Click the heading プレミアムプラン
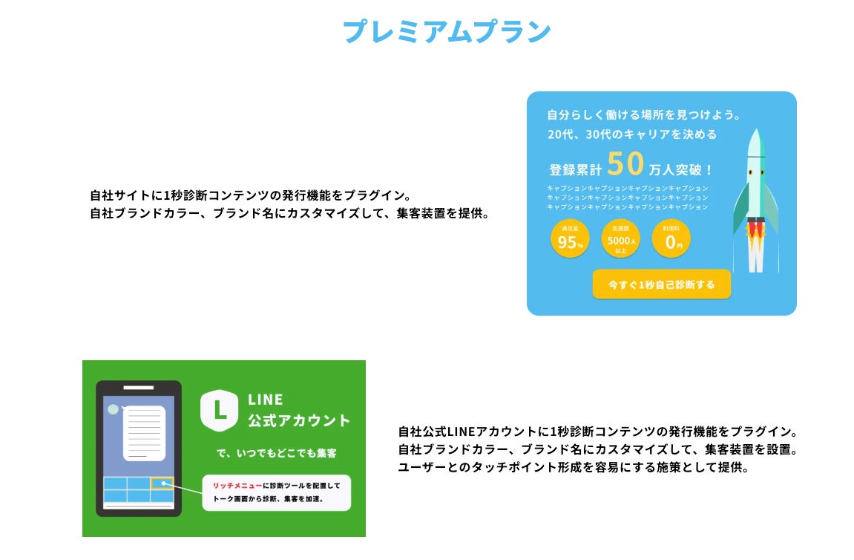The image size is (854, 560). click(446, 31)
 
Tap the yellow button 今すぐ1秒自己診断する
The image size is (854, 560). click(661, 284)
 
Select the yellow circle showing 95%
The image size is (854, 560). click(570, 239)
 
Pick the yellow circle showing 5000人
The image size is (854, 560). click(621, 239)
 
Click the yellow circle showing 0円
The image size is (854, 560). click(671, 239)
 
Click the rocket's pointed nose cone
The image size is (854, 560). click(755, 138)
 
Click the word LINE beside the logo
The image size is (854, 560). click(265, 400)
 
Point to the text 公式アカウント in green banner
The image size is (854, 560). click(298, 421)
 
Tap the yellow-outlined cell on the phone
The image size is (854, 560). click(162, 484)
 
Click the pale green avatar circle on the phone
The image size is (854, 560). click(113, 409)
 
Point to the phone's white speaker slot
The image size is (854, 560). click(138, 388)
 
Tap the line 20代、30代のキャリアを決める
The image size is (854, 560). click(632, 134)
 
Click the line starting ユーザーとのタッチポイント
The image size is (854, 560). click(574, 468)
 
